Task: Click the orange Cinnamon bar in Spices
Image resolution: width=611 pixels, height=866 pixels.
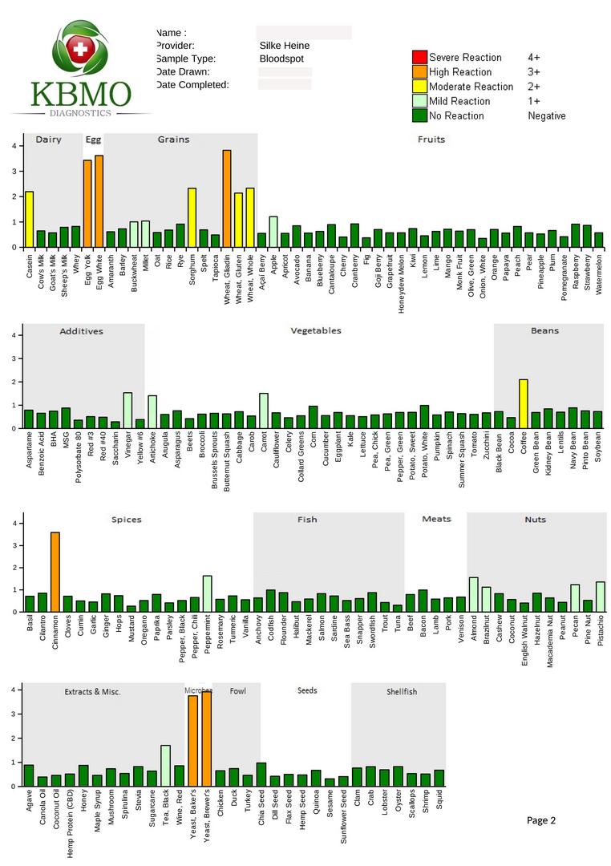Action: [x=55, y=572]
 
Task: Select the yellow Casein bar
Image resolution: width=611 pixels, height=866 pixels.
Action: [x=30, y=219]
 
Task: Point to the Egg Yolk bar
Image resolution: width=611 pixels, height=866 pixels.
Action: [x=87, y=204]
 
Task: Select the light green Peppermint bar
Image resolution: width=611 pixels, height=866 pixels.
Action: [x=207, y=593]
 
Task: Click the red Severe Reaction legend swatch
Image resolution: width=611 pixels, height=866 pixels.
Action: [x=419, y=57]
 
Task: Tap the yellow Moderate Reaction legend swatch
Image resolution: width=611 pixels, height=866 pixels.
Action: [x=419, y=87]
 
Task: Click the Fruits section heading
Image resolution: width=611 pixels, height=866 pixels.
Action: [x=431, y=140]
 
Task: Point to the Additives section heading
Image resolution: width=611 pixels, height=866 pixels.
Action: [x=81, y=331]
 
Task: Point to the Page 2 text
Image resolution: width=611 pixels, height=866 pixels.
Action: [x=540, y=820]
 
